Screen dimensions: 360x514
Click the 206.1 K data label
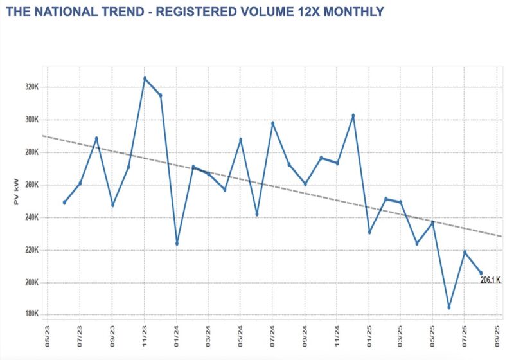coord(490,280)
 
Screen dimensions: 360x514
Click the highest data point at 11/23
coord(145,78)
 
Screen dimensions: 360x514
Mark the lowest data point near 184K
coord(449,307)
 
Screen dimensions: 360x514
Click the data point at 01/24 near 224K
coord(177,244)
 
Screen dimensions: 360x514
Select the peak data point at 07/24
coord(272,123)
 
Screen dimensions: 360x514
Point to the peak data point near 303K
coord(353,115)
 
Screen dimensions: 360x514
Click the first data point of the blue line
coord(64,203)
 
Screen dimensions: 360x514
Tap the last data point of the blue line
coord(481,273)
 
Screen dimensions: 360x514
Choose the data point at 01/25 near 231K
coord(369,232)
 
